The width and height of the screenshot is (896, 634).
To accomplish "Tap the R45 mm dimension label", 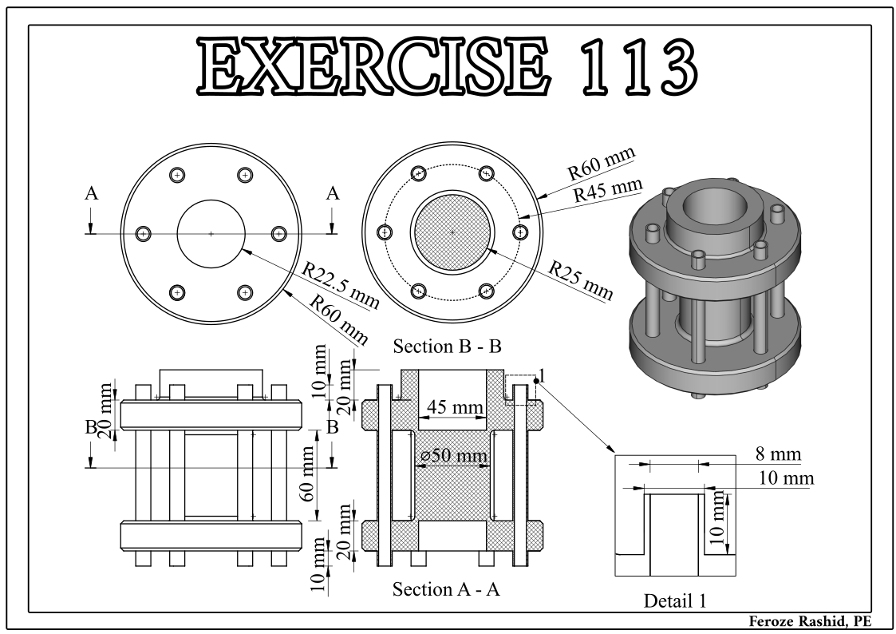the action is (608, 189).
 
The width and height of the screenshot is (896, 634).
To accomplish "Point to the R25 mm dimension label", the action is (581, 280).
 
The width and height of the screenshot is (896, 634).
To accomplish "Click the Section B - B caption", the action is (447, 346).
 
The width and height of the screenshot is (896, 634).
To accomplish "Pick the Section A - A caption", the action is (446, 588).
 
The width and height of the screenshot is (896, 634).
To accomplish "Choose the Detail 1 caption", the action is (675, 600).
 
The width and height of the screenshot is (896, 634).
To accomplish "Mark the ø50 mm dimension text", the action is (454, 456).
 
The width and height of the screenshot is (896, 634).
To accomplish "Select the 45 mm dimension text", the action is (455, 407).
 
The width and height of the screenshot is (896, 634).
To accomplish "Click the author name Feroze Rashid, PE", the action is (811, 621).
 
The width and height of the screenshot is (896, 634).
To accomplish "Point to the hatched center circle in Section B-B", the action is (452, 232).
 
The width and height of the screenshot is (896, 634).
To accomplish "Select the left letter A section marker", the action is (92, 194).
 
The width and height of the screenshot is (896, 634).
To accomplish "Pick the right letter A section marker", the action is (333, 194).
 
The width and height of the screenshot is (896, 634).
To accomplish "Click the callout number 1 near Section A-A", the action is (542, 375).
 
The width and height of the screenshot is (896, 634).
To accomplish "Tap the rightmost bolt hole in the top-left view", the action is (279, 233).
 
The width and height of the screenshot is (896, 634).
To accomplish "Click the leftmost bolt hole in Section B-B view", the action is (385, 232).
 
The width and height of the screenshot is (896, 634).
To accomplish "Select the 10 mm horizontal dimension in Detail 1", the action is (786, 477).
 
